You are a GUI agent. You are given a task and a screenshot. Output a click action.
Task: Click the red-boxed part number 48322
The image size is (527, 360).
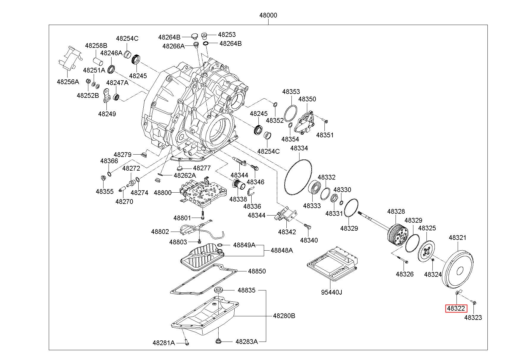point(456,309)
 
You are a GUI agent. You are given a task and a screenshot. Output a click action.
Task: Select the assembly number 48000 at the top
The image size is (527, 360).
point(268,15)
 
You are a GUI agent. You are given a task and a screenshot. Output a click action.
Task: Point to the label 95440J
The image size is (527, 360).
point(331,292)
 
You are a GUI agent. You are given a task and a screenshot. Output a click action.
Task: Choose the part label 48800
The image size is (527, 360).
point(163,193)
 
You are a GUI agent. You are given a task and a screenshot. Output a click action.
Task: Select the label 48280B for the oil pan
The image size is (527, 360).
point(284,316)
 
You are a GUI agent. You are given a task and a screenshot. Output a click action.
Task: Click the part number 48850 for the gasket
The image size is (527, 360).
point(257,271)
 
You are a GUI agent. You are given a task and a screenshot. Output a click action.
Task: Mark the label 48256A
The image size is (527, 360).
point(68,82)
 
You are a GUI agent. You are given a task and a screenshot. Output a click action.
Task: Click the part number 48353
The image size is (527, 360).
point(291,92)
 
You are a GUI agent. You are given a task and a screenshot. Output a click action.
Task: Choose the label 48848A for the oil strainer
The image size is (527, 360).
point(282,250)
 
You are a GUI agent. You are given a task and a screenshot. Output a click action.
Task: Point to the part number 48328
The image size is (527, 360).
point(396,212)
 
